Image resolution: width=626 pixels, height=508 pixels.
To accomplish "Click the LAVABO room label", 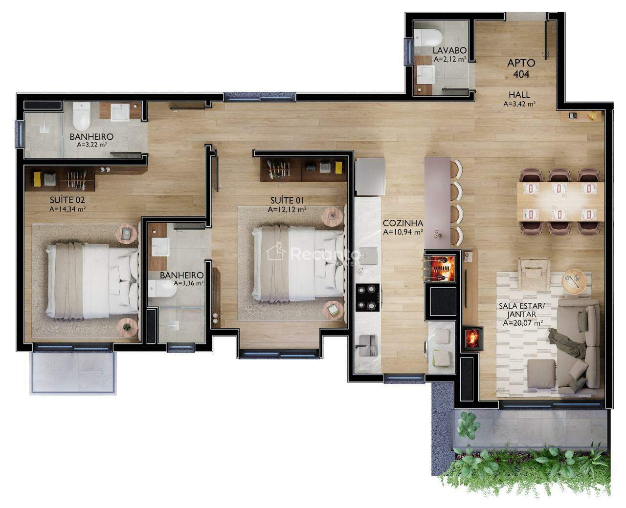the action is (449, 50).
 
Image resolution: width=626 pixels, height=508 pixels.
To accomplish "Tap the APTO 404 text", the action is (521, 68).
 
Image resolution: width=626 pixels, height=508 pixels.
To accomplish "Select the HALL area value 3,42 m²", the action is (519, 104).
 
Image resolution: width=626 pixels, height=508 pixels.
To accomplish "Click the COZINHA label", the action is (402, 223).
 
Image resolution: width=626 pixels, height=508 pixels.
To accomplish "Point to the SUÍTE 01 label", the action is (287, 200).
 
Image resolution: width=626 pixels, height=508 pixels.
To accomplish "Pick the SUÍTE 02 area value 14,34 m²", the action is (67, 209).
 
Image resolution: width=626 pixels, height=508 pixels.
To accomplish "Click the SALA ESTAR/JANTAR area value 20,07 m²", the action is (523, 323).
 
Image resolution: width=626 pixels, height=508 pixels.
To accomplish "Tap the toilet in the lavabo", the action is (428, 37).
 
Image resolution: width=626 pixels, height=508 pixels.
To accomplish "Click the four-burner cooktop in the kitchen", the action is (367, 297).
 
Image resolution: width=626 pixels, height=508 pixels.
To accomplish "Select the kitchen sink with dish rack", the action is (367, 346).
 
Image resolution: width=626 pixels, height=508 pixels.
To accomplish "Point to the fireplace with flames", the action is (473, 339).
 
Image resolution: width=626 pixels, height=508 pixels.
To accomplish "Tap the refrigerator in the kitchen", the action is (370, 177).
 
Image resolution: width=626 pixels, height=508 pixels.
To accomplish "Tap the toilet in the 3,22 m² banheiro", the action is (81, 116).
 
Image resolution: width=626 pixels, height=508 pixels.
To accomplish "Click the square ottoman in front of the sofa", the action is (541, 374).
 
